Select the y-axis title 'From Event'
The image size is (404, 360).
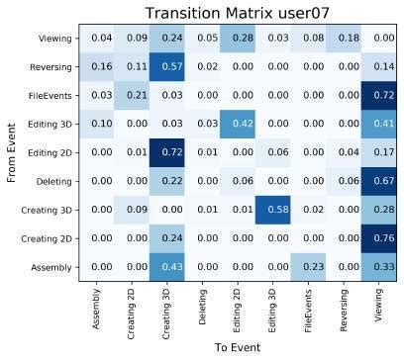[x=13, y=152]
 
